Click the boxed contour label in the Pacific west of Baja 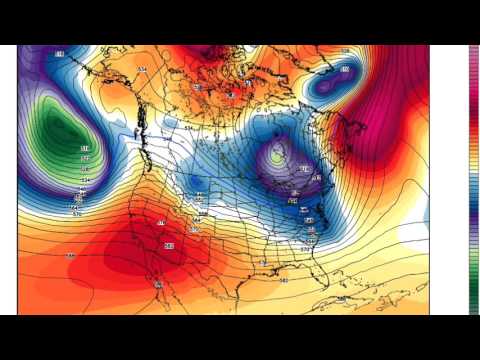point(71,256)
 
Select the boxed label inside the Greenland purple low point(345,69)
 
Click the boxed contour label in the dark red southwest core point(168,245)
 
